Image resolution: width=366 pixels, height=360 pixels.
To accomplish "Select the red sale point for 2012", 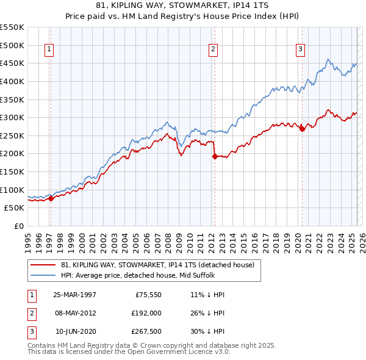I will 215,156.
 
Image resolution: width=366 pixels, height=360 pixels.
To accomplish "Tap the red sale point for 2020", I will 303,129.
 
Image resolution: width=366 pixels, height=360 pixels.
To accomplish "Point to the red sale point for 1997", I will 51,198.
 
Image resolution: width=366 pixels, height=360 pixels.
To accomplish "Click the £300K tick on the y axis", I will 12,117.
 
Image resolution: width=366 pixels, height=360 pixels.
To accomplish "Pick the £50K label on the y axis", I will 14,207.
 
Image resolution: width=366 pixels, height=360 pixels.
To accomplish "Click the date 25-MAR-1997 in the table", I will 74,295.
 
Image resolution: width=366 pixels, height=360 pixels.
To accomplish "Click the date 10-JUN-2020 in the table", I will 75,332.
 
